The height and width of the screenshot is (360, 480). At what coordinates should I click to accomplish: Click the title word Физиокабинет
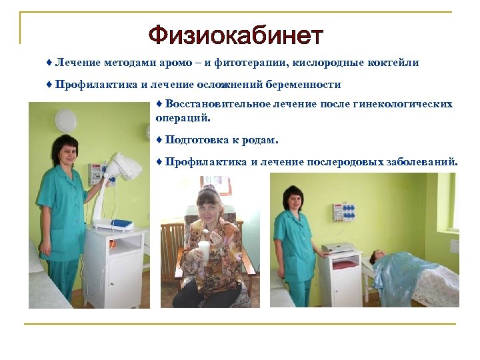pyautogui.click(x=235, y=35)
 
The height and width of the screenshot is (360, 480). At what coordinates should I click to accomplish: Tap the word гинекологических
pyautogui.click(x=408, y=104)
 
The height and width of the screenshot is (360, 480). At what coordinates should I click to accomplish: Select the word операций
pyautogui.click(x=182, y=117)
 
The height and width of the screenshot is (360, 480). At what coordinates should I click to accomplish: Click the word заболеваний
pyautogui.click(x=421, y=161)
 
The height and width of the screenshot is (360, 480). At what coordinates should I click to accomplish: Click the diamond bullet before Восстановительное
pyautogui.click(x=159, y=104)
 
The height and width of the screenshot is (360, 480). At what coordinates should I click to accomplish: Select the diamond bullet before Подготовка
pyautogui.click(x=159, y=140)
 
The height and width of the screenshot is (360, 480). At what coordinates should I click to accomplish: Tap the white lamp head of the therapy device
pyautogui.click(x=126, y=166)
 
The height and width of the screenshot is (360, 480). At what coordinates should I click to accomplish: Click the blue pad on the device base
pyautogui.click(x=122, y=224)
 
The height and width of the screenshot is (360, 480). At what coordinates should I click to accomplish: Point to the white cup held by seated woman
pyautogui.click(x=203, y=251)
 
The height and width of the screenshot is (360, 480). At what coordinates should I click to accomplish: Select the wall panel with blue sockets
pyautogui.click(x=344, y=212)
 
